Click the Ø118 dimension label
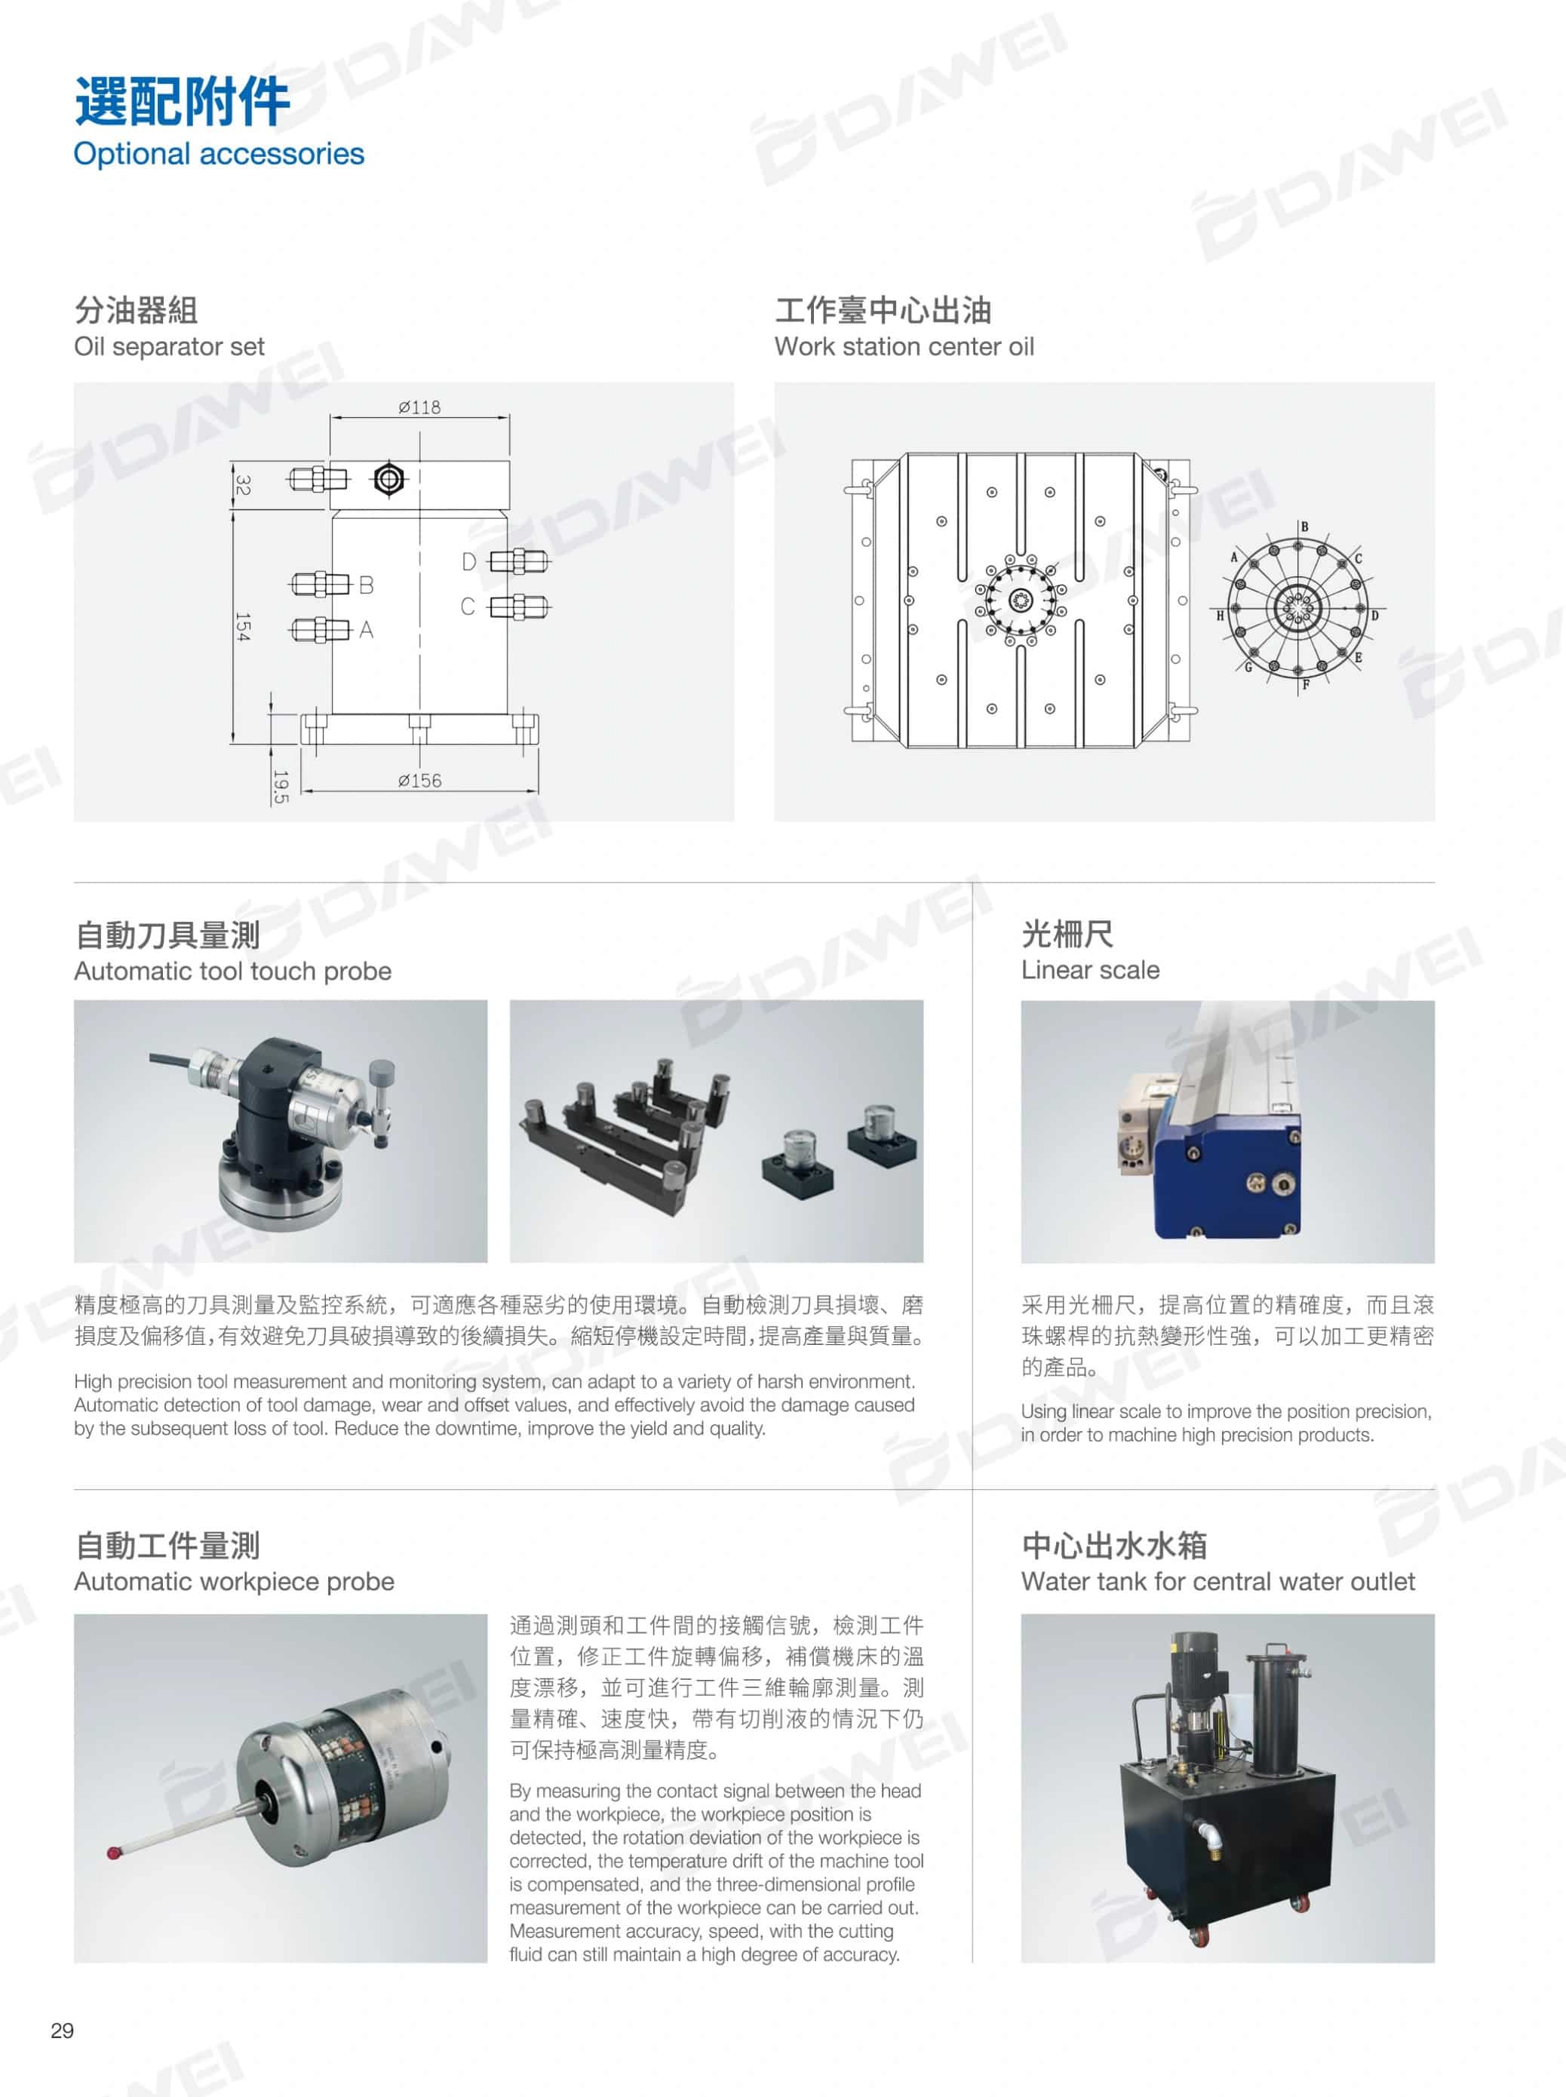(x=419, y=407)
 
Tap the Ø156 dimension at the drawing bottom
(x=419, y=780)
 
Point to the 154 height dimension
(x=243, y=627)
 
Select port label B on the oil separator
(x=366, y=585)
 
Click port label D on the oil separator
(x=468, y=562)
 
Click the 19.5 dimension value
(x=280, y=787)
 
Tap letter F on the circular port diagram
(x=1305, y=684)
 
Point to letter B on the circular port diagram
(x=1304, y=527)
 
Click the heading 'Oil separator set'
(x=170, y=346)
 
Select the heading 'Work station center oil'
(x=904, y=346)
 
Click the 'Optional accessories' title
(x=219, y=154)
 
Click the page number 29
(x=63, y=2031)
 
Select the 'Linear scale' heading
(x=1090, y=970)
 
